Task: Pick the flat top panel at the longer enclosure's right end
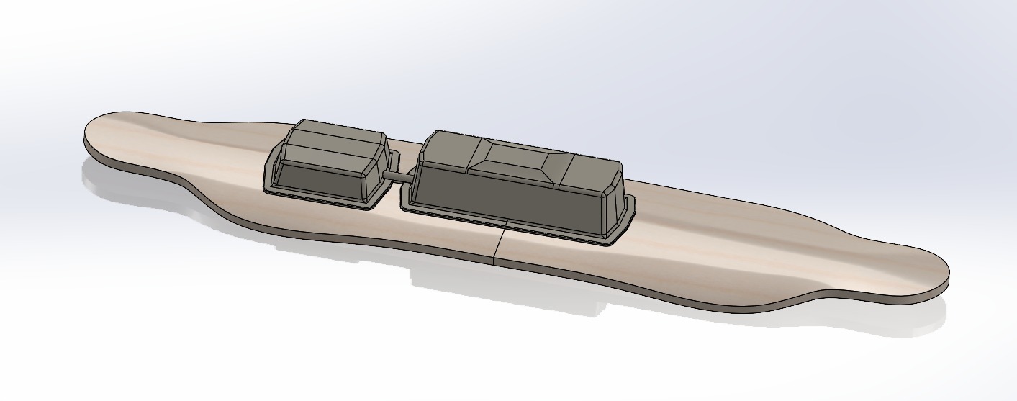[x=587, y=168]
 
